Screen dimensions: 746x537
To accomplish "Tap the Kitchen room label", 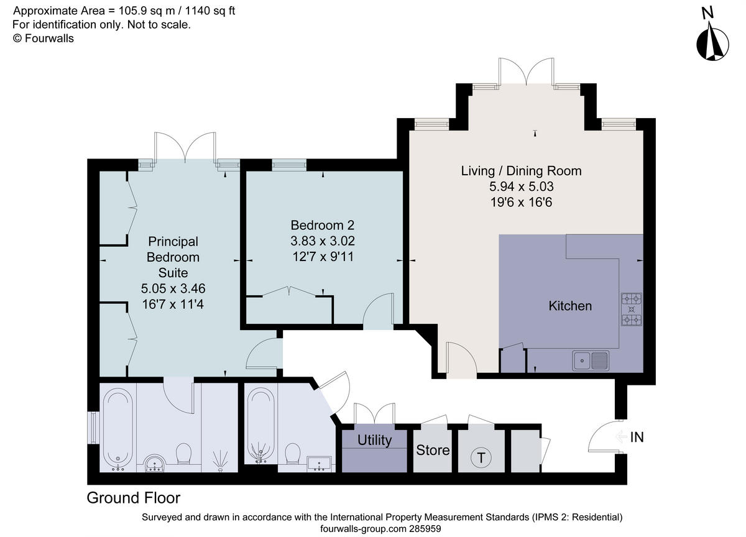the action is click(570, 306).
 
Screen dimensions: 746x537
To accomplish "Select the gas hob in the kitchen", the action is click(632, 310).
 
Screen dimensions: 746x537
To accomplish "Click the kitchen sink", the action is click(591, 360).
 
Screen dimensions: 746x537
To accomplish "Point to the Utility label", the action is click(374, 440).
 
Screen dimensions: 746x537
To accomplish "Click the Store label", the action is click(433, 450).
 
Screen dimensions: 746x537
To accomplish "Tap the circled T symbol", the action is click(481, 457).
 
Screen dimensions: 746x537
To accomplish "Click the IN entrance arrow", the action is click(622, 436).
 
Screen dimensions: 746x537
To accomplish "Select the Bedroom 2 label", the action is click(323, 226).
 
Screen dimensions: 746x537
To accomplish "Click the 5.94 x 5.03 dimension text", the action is click(521, 186).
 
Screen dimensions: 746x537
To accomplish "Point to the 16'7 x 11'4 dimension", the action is click(173, 305).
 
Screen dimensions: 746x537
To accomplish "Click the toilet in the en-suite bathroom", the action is click(183, 454).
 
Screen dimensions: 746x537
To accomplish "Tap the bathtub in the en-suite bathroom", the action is click(118, 429).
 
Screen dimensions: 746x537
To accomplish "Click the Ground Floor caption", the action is click(134, 498).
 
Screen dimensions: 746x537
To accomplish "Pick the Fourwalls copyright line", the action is click(44, 39).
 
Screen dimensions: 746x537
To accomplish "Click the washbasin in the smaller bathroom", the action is click(320, 464).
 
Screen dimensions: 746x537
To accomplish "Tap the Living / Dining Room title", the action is click(521, 171).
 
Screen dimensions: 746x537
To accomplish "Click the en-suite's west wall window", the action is click(94, 428).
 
